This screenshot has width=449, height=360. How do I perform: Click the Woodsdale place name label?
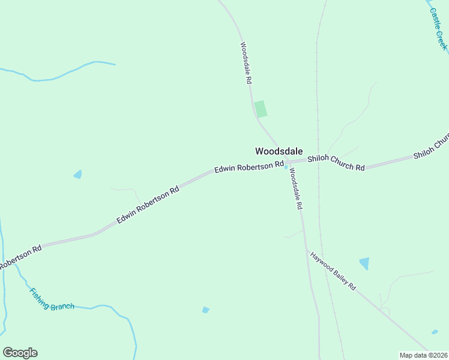(x=279, y=151)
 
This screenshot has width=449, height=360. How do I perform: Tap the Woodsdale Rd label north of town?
(x=246, y=62)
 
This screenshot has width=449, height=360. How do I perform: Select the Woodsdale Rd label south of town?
(x=295, y=188)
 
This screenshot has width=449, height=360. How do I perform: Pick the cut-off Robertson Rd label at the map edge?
(x=20, y=256)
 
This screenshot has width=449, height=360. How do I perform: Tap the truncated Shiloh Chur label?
(x=431, y=148)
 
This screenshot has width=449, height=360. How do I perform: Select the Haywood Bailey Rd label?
(x=333, y=271)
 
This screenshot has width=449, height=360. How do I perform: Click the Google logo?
(x=20, y=353)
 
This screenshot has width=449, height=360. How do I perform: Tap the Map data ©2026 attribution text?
(x=423, y=355)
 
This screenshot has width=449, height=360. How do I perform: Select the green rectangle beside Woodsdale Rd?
(x=261, y=109)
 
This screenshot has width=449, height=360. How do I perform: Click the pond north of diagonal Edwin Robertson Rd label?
(x=77, y=175)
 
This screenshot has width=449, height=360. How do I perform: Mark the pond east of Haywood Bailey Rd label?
(x=364, y=263)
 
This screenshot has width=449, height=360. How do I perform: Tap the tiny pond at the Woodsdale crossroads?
(x=286, y=167)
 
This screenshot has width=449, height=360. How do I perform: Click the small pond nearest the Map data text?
(x=434, y=331)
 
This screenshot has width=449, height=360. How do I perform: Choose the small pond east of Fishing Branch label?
(x=206, y=310)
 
